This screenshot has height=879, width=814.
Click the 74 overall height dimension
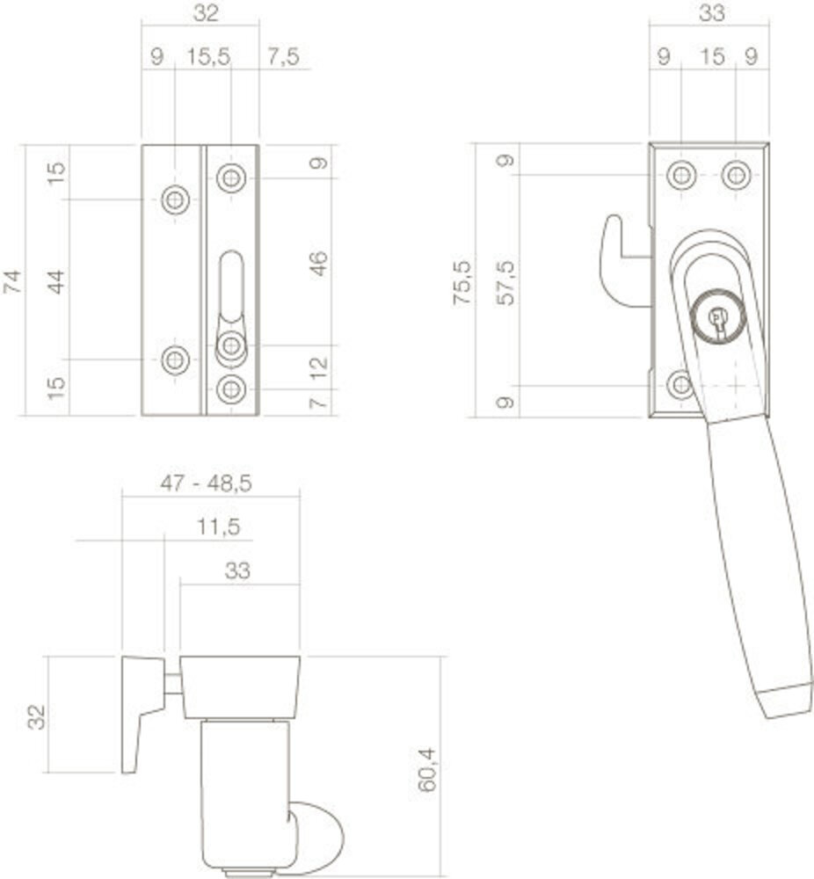12,280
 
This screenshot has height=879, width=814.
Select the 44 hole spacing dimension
55,280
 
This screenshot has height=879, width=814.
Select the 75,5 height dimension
461,281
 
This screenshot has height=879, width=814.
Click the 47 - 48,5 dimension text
210,483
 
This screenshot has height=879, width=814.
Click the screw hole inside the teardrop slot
230,346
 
